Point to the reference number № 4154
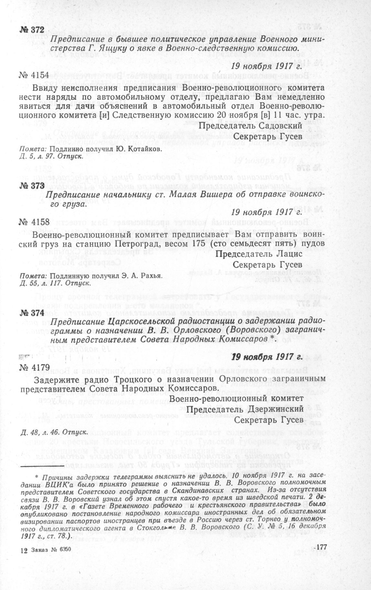click(34, 75)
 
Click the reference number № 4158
click(34, 222)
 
